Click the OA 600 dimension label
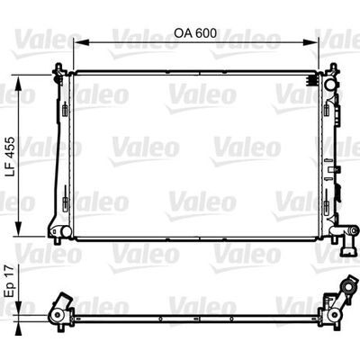point(195,33)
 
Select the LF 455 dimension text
point(11,157)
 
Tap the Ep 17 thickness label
point(11,281)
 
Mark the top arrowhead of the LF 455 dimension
point(19,84)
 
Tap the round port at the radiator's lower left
point(67,231)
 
